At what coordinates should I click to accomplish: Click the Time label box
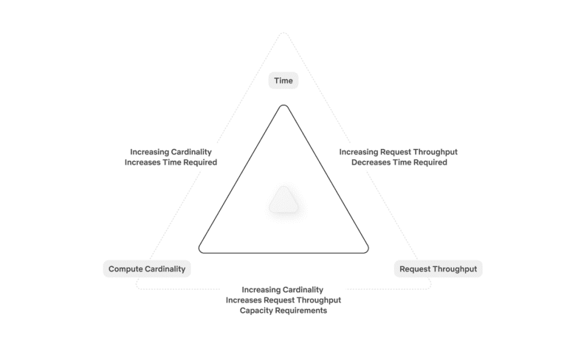pyautogui.click(x=283, y=80)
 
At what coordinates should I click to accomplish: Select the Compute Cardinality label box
pyautogui.click(x=147, y=269)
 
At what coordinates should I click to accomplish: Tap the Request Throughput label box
pyautogui.click(x=438, y=269)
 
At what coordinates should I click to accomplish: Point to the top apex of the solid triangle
pyautogui.click(x=283, y=105)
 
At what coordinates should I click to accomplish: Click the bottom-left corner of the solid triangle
pyautogui.click(x=199, y=251)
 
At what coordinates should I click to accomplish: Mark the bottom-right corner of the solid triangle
pyautogui.click(x=368, y=251)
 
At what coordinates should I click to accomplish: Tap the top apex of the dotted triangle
pyautogui.click(x=283, y=33)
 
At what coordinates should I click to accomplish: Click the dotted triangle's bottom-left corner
pyautogui.click(x=137, y=287)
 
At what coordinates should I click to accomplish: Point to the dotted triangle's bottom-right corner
pyautogui.click(x=430, y=287)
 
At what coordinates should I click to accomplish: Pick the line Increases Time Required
pyautogui.click(x=171, y=162)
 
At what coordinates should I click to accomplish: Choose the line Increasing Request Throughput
pyautogui.click(x=398, y=152)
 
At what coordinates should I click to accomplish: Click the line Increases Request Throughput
pyautogui.click(x=283, y=300)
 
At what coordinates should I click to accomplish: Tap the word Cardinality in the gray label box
pyautogui.click(x=165, y=269)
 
